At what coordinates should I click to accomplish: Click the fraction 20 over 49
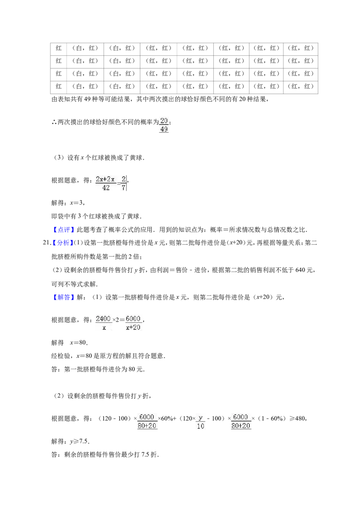[x=164, y=125]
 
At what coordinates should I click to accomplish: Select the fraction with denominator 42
[x=105, y=183]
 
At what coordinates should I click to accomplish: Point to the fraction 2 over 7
[x=123, y=183]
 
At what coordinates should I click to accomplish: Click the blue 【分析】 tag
[x=61, y=243]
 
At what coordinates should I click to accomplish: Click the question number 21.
[x=46, y=243]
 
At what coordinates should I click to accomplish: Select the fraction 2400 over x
[x=103, y=323]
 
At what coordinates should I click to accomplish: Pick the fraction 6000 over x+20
[x=133, y=323]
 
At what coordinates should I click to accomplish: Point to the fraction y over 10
[x=200, y=422]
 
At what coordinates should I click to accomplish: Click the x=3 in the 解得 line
[x=77, y=203]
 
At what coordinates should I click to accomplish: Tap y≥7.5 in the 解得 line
[x=79, y=442]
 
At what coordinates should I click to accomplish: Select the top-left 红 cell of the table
[x=58, y=48]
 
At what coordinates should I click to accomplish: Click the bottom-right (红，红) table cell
[x=301, y=86]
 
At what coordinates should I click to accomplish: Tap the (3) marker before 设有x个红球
[x=58, y=158]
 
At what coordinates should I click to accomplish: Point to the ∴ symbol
[x=54, y=122]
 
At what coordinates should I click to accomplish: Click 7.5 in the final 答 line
[x=145, y=455]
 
